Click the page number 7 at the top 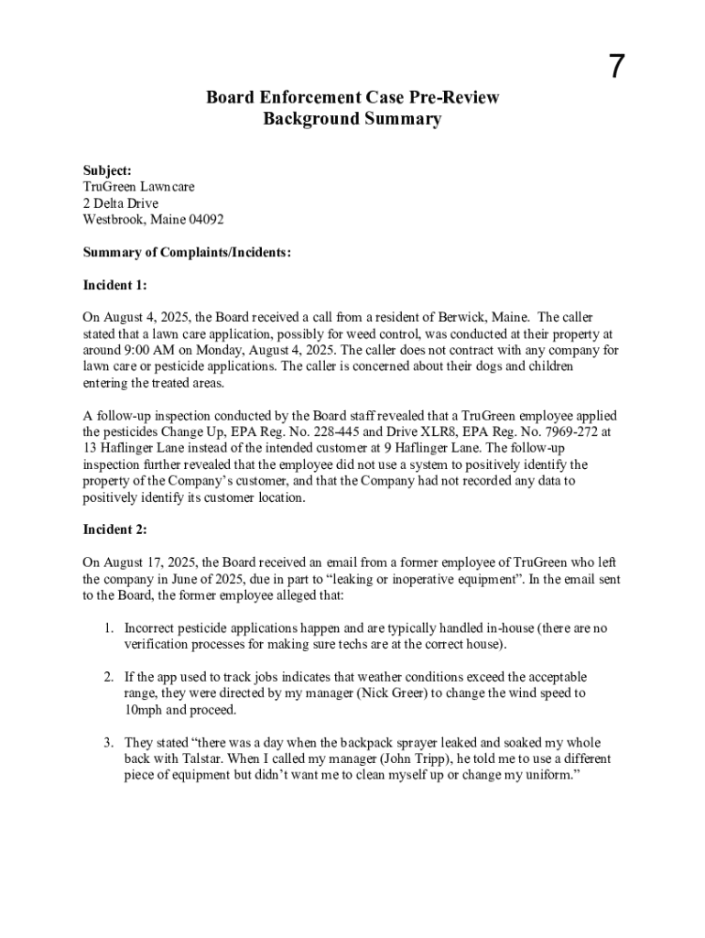618,67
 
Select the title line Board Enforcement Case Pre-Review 352,98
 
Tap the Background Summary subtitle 352,119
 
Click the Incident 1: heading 115,285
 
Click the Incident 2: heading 115,529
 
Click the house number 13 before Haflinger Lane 91,448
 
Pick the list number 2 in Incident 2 107,677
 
